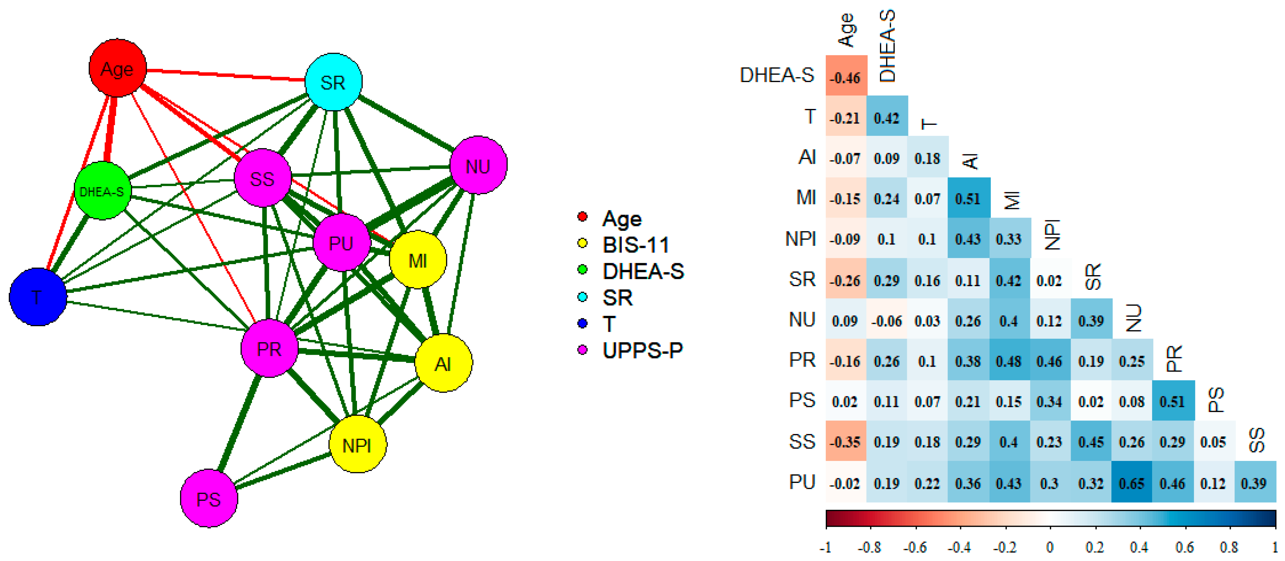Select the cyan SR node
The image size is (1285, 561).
coord(333,82)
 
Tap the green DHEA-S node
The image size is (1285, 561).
coord(102,191)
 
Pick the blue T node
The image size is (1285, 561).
coord(38,297)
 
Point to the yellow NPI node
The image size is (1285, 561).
coord(358,444)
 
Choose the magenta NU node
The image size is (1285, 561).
coord(478,165)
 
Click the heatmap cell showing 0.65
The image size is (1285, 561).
coord(1131,482)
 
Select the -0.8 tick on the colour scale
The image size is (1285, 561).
coord(870,547)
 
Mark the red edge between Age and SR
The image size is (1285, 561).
coord(224,75)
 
